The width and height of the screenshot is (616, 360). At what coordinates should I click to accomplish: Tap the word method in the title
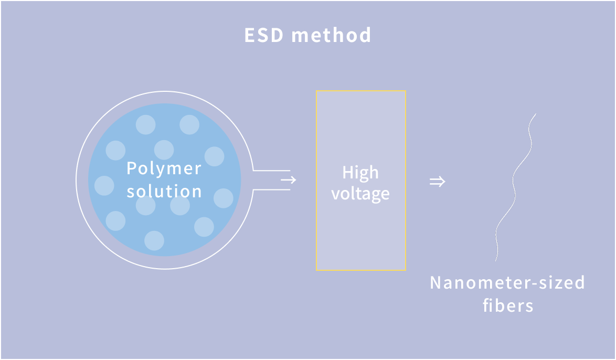tap(331, 36)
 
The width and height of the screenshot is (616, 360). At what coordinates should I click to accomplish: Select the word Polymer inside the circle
tap(164, 169)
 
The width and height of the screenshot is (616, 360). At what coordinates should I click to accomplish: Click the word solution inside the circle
tap(164, 191)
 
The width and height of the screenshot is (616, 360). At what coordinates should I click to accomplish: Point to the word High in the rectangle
tap(360, 173)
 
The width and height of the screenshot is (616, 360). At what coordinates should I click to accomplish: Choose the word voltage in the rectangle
tap(360, 194)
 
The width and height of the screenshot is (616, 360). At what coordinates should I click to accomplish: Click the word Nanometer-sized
tap(507, 283)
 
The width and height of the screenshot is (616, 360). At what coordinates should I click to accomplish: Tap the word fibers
tap(508, 305)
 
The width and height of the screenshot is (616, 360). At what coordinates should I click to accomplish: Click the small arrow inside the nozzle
tap(288, 180)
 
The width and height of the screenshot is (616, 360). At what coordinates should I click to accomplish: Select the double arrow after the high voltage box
tap(437, 182)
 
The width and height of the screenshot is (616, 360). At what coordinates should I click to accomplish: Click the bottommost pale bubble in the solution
tap(154, 240)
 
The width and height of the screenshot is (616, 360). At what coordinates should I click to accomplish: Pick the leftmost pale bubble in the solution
tap(104, 186)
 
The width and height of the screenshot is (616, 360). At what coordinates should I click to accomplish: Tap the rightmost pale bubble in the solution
tap(224, 198)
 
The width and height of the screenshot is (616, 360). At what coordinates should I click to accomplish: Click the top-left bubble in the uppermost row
tap(146, 125)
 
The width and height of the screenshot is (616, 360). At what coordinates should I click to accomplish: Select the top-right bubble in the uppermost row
tap(189, 125)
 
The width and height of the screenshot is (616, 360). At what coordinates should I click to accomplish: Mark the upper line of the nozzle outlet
tap(272, 171)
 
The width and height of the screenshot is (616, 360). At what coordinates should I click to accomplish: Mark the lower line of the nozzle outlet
tap(272, 189)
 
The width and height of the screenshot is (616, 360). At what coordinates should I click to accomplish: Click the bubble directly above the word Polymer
tap(164, 150)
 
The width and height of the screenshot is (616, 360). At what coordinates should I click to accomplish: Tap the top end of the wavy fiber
tap(535, 114)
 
